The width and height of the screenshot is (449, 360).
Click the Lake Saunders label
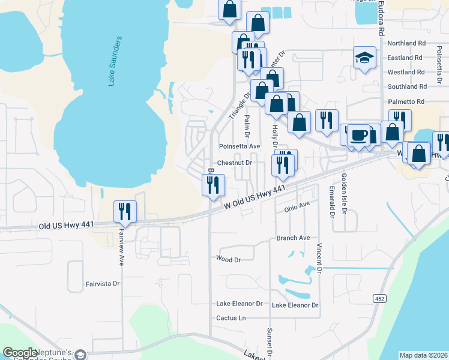(116, 61)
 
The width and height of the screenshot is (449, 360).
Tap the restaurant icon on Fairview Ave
(125, 212)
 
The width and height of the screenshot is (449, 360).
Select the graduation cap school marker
(364, 58)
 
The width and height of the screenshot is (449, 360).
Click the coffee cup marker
(359, 135)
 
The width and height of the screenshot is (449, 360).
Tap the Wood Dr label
(228, 259)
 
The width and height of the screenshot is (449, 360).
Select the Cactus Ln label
(231, 317)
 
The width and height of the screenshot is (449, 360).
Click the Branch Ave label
(293, 238)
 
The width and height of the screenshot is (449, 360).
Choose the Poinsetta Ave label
(240, 146)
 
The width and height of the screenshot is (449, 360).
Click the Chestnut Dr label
(234, 163)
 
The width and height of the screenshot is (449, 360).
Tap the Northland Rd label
(406, 43)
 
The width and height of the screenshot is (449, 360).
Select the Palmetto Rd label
(406, 101)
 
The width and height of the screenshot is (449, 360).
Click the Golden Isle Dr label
(344, 193)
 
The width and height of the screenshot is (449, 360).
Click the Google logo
(20, 353)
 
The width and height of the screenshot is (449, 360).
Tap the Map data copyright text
(424, 355)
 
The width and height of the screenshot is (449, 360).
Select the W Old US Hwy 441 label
(254, 197)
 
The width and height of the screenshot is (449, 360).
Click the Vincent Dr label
(320, 259)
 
